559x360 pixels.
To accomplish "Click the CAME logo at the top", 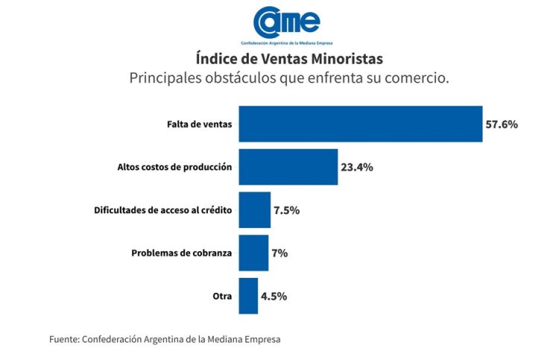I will click(x=287, y=24).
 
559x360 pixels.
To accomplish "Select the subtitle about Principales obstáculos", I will click(x=289, y=78).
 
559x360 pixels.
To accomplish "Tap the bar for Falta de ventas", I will click(x=359, y=124).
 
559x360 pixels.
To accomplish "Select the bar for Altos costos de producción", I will click(x=287, y=167).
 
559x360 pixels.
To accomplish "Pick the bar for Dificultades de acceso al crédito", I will click(x=253, y=210).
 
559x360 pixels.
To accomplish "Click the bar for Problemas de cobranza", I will click(x=253, y=253).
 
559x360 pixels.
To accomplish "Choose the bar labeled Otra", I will click(x=247, y=296).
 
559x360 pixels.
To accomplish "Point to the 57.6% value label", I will click(x=502, y=124).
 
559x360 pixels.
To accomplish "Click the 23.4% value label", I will click(x=357, y=167).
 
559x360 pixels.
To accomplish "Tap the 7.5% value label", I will click(x=286, y=210).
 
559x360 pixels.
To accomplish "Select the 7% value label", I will click(x=279, y=253).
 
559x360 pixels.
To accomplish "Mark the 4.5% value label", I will click(x=274, y=296).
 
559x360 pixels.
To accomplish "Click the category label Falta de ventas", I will click(x=199, y=124).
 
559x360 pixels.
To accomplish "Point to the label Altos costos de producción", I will click(x=174, y=167).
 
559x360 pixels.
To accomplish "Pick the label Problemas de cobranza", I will click(x=182, y=253).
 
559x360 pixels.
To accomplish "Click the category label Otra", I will click(x=222, y=296).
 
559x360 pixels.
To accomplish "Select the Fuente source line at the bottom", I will click(x=165, y=339).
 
